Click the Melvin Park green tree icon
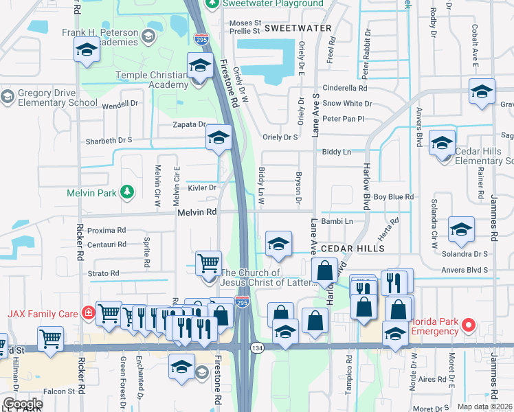coord(126,192)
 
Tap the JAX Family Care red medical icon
coord(87,313)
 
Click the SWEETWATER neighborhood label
coord(298,29)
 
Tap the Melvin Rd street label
coord(197,213)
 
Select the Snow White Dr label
coord(347,104)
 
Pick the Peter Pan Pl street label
coord(343,119)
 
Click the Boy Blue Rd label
coord(393,197)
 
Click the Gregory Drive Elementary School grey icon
coord(8,96)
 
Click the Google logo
coord(23,404)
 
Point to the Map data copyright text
coord(485,407)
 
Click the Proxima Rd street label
coord(107,230)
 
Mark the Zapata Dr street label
coord(189,125)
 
